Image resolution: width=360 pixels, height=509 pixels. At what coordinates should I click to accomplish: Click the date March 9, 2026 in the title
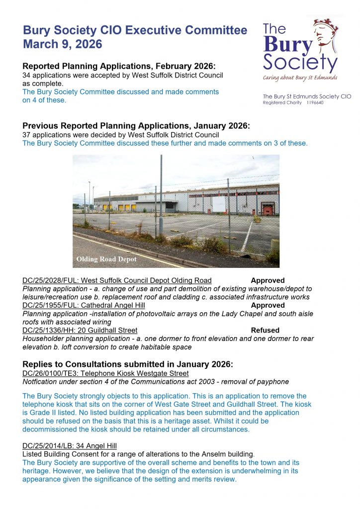click(x=63, y=44)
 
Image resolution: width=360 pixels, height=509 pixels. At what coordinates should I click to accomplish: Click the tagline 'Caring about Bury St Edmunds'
click(x=300, y=78)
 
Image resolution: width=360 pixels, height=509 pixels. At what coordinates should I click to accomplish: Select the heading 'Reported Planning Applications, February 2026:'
click(x=119, y=67)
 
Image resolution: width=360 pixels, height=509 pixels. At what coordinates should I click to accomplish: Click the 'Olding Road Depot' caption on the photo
click(x=106, y=259)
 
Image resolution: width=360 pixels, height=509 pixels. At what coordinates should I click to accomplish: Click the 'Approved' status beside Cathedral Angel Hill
click(x=268, y=305)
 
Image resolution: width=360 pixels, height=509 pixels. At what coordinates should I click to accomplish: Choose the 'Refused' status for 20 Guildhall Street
click(x=265, y=330)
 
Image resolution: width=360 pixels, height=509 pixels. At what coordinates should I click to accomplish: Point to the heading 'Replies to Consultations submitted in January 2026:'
click(x=127, y=364)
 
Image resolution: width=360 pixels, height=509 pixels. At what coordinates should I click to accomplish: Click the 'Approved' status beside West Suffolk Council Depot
click(x=268, y=280)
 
